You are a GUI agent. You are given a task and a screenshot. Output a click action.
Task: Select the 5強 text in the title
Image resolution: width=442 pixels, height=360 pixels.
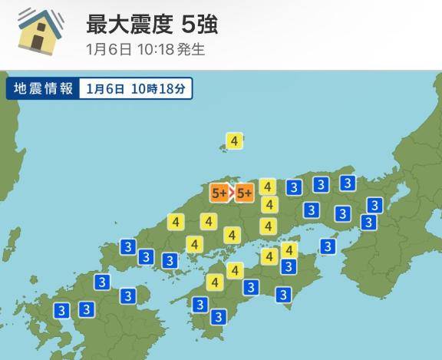(199, 25)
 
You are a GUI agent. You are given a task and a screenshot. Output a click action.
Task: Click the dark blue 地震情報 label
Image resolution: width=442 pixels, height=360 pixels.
(43, 88)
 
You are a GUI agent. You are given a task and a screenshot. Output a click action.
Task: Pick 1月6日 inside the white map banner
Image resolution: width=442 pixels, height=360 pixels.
(106, 88)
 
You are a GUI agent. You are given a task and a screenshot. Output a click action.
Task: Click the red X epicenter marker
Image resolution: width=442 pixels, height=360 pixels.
(233, 193)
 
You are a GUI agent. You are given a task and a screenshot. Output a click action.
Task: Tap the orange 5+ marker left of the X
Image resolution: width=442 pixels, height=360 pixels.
(219, 193)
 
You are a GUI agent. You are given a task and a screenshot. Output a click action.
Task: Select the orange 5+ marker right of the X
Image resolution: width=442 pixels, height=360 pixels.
(245, 193)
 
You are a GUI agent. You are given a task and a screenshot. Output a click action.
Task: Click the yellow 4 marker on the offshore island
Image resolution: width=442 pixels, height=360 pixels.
(235, 140)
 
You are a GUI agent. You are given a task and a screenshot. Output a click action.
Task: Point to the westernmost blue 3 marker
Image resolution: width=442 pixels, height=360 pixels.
(61, 310)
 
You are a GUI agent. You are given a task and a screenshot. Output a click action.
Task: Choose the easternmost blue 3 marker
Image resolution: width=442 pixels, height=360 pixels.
(374, 205)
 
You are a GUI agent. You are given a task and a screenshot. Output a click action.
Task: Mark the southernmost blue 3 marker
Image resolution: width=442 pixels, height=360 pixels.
(218, 316)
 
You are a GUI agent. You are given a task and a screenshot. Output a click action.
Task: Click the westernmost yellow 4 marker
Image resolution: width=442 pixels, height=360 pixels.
(176, 223)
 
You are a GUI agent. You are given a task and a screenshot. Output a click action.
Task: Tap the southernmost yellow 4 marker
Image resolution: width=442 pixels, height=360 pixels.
(213, 282)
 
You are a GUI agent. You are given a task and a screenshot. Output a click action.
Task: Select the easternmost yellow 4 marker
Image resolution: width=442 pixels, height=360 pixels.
(289, 250)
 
